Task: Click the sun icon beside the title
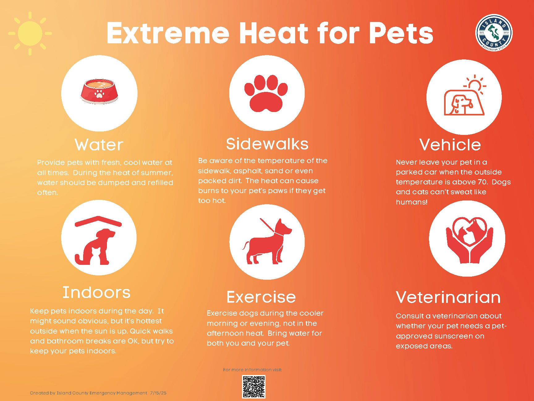(x=30, y=33)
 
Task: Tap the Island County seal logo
(x=494, y=33)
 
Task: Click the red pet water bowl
(x=99, y=91)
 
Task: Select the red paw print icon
(x=266, y=93)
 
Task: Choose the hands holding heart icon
(x=469, y=240)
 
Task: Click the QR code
(x=254, y=386)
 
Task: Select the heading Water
(x=99, y=145)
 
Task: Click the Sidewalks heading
(x=267, y=144)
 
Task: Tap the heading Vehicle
(x=450, y=145)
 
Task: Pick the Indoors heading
(x=96, y=292)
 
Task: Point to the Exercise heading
(x=261, y=297)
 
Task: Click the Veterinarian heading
(x=448, y=297)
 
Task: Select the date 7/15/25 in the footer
(x=158, y=393)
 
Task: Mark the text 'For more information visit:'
(x=252, y=370)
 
